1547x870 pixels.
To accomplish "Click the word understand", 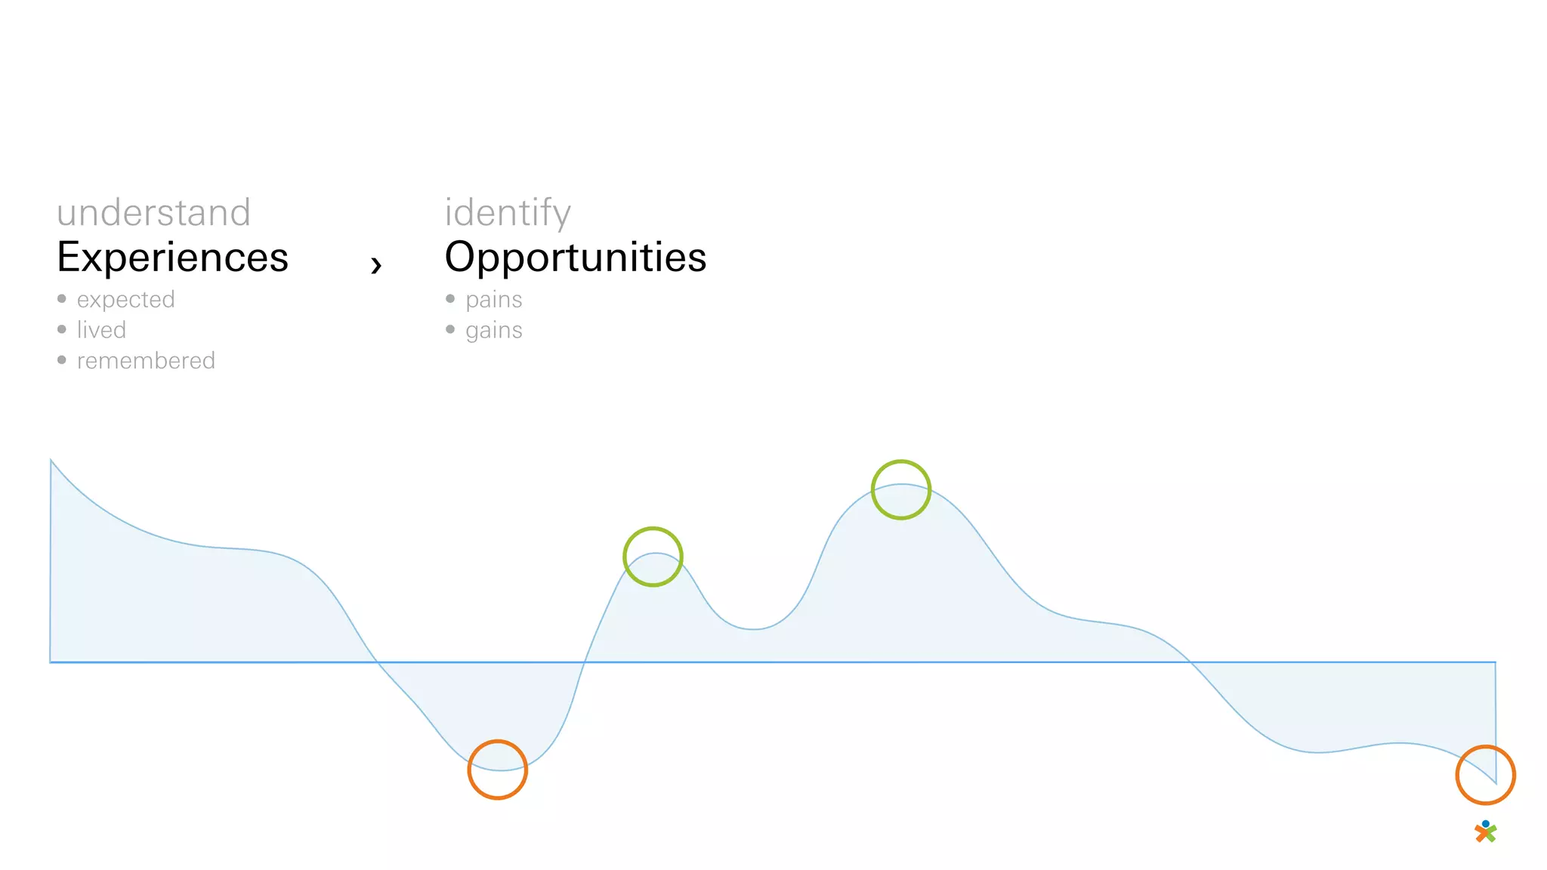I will point(153,213).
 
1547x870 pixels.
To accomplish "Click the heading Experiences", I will point(173,258).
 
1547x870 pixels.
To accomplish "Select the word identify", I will point(508,213).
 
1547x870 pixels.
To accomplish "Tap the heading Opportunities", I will point(576,258).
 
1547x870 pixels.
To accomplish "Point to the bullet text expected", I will point(125,300).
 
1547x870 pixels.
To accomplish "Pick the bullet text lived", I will point(101,330).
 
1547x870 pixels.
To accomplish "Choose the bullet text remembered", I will point(146,361).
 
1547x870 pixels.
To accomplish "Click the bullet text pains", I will point(493,300).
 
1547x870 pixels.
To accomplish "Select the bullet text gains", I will point(493,331).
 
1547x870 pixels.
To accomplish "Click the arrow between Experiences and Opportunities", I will point(376,264).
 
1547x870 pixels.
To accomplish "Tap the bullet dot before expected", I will point(62,299).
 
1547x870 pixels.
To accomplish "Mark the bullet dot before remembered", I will point(62,360).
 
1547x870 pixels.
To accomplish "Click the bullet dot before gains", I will point(450,329).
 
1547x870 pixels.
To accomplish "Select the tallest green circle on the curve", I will point(900,489).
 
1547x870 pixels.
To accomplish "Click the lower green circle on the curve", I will point(653,557).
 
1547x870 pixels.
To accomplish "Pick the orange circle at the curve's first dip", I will point(497,770).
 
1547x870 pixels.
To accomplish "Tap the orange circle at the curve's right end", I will point(1485,775).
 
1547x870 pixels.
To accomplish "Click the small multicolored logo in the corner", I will point(1486,832).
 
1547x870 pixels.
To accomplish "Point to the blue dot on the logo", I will point(1486,824).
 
